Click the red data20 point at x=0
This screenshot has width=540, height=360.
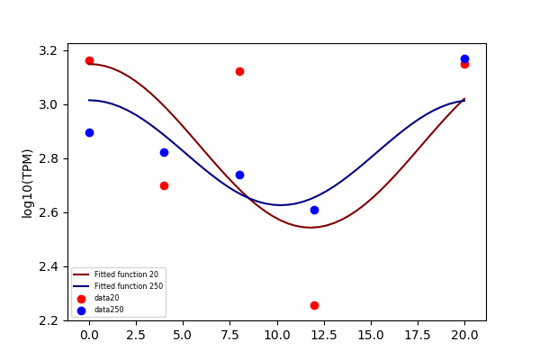click(x=89, y=61)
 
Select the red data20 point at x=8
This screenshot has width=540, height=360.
click(x=239, y=72)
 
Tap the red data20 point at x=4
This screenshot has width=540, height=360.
click(x=165, y=186)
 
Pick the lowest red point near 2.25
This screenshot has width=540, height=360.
click(x=314, y=306)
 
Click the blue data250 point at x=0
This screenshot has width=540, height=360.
click(x=89, y=133)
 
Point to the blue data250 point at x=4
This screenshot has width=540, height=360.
click(x=165, y=153)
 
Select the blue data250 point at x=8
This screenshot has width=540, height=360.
click(x=239, y=175)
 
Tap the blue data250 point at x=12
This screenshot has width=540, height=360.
click(x=314, y=210)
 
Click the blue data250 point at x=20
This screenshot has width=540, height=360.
click(x=464, y=58)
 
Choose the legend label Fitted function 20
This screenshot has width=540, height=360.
click(x=126, y=274)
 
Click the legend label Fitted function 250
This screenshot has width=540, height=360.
click(x=129, y=286)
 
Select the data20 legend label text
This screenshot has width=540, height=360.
click(x=107, y=298)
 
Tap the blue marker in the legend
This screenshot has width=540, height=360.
click(x=81, y=310)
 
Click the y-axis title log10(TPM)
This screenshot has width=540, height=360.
click(x=27, y=184)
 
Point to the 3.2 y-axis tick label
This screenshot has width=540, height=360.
click(x=49, y=51)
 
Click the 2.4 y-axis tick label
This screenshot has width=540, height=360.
click(x=49, y=267)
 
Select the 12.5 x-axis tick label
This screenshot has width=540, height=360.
click(x=324, y=335)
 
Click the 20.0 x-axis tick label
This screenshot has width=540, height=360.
click(x=464, y=335)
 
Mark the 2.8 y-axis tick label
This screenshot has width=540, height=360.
click(x=49, y=159)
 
